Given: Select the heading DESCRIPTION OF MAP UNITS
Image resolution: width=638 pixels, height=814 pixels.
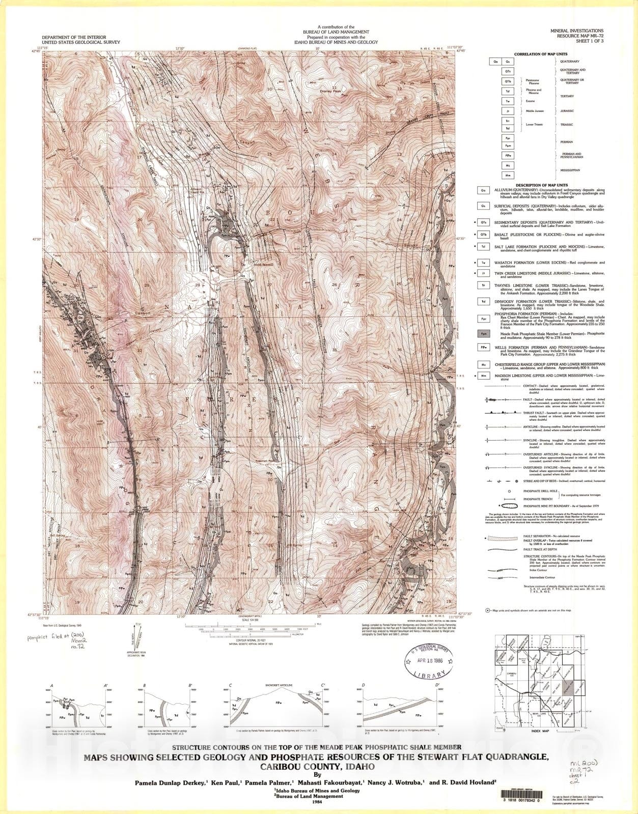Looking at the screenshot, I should pos(541,185).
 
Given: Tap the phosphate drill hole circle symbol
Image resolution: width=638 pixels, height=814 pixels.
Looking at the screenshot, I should pos(509,491).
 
